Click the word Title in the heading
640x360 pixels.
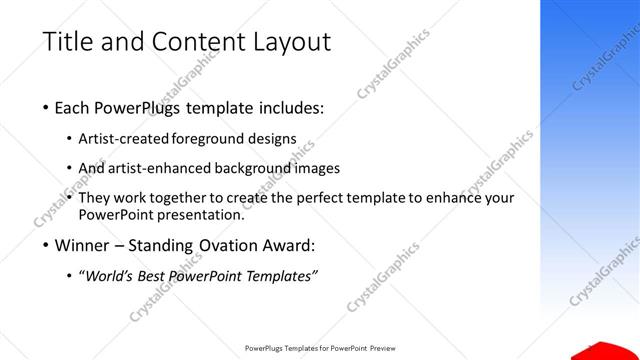(x=65, y=42)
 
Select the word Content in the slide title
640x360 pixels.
(x=191, y=42)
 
